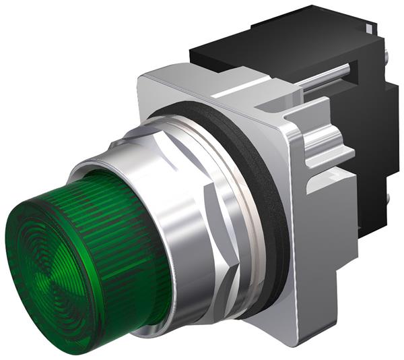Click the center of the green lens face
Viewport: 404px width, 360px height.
click(51, 270)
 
